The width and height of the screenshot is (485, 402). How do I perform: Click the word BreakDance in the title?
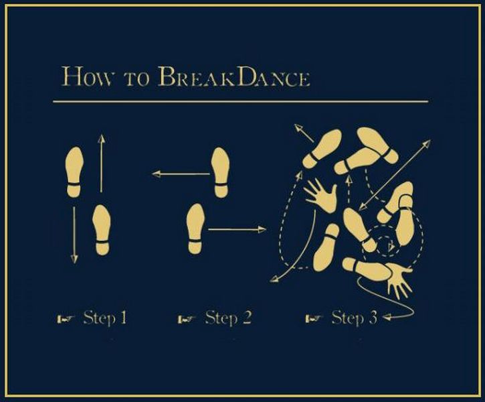(234, 76)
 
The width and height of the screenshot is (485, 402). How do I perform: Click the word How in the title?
(86, 76)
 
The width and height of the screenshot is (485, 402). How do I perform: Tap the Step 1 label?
(105, 318)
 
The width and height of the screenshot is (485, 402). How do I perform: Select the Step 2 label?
(228, 318)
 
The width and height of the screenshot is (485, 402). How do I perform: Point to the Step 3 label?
(355, 318)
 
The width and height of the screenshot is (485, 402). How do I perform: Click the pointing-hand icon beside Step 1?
(66, 319)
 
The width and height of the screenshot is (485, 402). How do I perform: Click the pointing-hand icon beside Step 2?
(187, 319)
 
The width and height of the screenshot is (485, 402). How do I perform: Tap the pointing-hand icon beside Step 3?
(314, 319)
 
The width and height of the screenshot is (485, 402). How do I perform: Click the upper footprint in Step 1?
(74, 172)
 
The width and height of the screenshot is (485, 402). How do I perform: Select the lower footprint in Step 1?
(102, 230)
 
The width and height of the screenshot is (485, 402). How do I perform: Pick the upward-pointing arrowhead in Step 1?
(101, 138)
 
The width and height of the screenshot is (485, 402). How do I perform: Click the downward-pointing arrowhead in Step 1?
(74, 259)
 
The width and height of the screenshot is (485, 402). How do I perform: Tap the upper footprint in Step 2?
(220, 172)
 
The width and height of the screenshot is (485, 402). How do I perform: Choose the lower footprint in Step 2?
(195, 228)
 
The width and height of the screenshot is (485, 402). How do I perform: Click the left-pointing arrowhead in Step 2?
(156, 174)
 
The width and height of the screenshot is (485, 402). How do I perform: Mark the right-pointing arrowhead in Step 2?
(262, 230)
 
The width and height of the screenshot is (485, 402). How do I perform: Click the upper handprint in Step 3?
(322, 196)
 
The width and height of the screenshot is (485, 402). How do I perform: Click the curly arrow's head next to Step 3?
(387, 317)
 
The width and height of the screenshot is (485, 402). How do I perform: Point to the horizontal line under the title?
(241, 101)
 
